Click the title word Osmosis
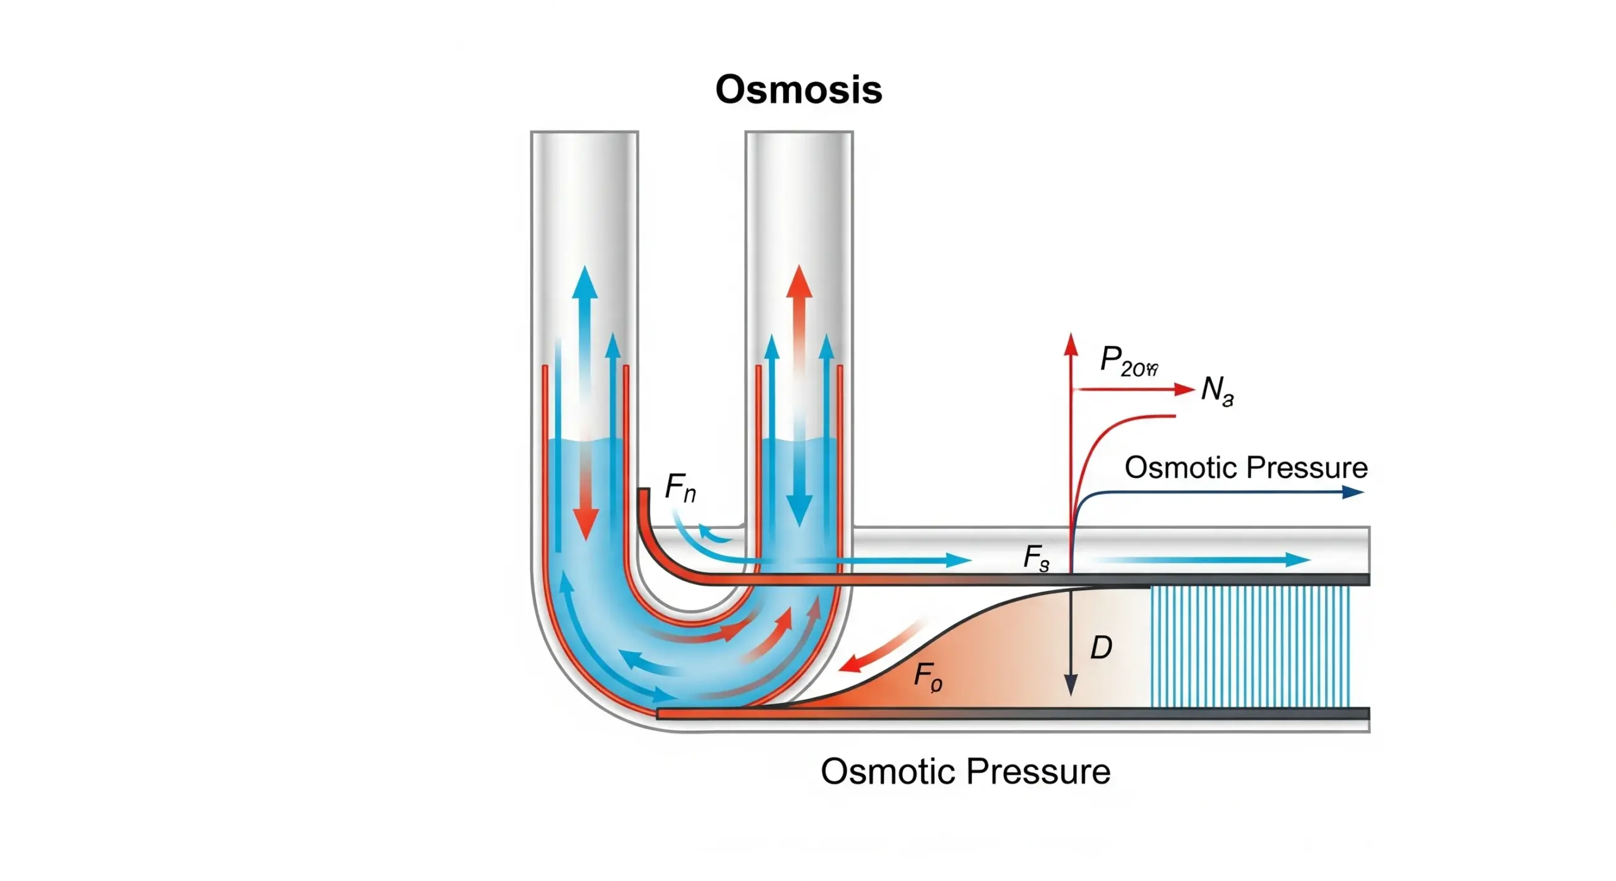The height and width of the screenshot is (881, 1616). (798, 90)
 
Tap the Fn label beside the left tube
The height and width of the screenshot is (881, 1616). (680, 488)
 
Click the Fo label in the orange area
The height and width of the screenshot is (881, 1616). (927, 677)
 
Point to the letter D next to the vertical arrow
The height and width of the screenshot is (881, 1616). (1101, 647)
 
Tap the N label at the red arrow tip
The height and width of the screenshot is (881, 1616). (1216, 389)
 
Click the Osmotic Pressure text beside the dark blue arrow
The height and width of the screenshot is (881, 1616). (1245, 468)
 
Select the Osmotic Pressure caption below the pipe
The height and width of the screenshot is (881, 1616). (965, 771)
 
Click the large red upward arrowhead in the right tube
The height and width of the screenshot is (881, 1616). (799, 282)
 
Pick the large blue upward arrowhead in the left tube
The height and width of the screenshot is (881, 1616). (585, 283)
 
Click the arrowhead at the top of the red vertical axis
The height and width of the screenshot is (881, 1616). (1070, 345)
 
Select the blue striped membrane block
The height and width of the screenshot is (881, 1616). (1250, 646)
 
